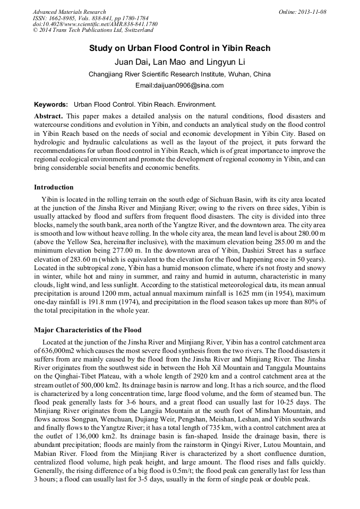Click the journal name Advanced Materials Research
(69, 12)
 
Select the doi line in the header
(95, 24)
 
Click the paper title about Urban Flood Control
(179, 48)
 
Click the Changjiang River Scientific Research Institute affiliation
(179, 74)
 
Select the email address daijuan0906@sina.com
(179, 85)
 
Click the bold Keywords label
(51, 104)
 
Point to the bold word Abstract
(49, 116)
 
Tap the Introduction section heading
(54, 187)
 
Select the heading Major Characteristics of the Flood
(88, 330)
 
